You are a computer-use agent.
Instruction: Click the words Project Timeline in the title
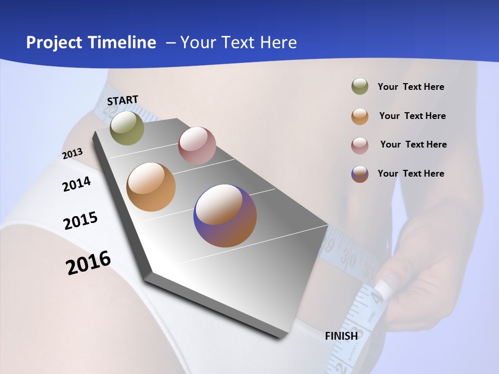91,43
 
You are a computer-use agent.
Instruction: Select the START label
123,100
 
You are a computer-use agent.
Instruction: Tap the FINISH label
342,336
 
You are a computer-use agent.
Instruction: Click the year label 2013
73,154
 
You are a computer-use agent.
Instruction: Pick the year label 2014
77,184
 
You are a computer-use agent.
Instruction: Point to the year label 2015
81,221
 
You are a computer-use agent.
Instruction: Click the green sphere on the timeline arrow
127,128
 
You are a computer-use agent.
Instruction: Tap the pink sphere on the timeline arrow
197,145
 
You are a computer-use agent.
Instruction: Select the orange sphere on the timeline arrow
151,187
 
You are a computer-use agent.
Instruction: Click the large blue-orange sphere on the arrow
225,216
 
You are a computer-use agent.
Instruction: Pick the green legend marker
360,87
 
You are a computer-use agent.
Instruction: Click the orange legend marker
360,116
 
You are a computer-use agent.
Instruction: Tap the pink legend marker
360,145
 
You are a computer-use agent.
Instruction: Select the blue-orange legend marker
360,174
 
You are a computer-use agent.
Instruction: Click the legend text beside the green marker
411,87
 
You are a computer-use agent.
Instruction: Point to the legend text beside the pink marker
413,144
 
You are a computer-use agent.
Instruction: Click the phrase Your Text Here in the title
239,43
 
